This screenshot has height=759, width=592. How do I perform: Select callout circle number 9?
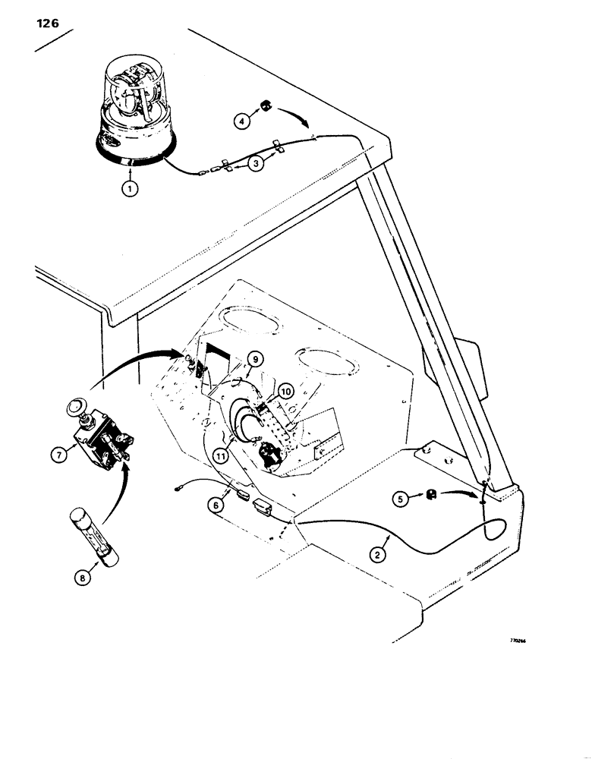[255, 359]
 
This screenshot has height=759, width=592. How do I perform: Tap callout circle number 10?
[285, 392]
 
